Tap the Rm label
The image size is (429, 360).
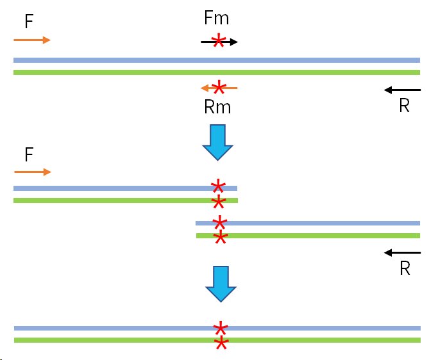217,107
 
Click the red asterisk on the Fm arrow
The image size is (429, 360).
218,42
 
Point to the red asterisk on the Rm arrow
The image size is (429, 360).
218,87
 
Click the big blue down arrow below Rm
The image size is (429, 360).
217,142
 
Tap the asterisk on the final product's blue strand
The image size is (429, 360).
221,328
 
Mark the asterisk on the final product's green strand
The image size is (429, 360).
221,343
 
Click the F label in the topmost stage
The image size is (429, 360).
29,22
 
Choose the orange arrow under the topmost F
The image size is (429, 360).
31,40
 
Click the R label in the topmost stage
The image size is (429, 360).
404,106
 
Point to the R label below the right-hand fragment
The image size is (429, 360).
405,268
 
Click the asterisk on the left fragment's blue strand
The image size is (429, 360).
218,187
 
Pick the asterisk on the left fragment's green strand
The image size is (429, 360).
218,202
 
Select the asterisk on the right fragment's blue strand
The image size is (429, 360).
220,223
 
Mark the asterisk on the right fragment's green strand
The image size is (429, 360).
220,238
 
